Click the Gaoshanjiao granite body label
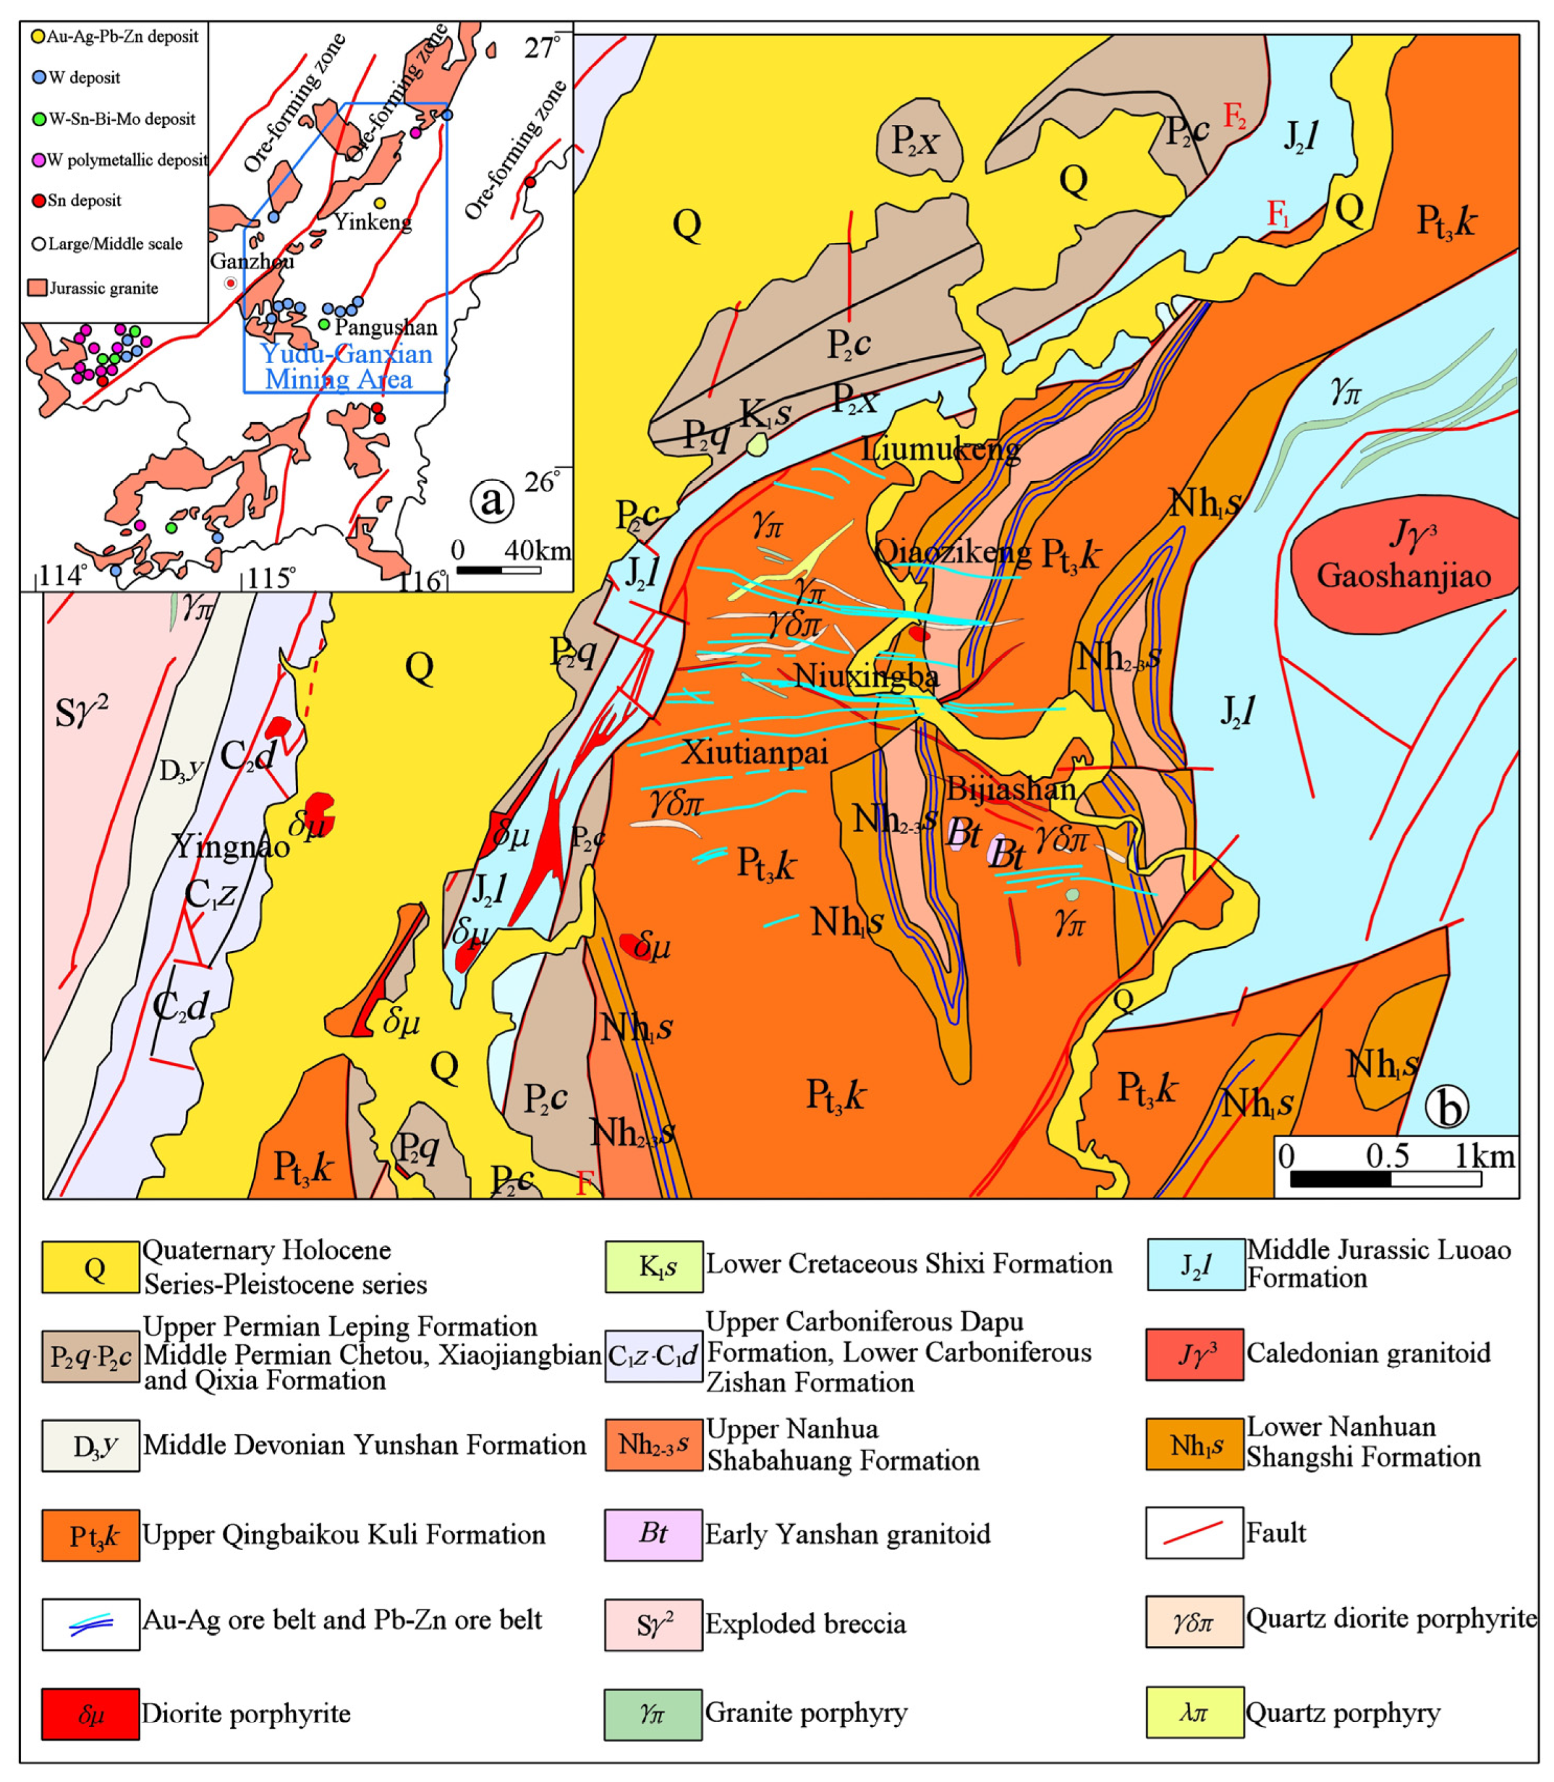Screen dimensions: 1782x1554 coord(1403,576)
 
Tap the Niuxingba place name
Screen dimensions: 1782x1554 coord(867,675)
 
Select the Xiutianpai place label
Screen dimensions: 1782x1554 coord(754,751)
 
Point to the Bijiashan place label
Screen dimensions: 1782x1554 coord(1010,788)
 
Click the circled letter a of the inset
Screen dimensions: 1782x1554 coord(491,501)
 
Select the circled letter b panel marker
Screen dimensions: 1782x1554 coord(1446,1109)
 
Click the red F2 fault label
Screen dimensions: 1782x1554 coord(1235,116)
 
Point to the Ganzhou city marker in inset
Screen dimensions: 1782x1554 coord(230,283)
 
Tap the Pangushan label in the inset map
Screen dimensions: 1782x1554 coord(385,327)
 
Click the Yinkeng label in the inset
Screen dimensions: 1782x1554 coord(373,222)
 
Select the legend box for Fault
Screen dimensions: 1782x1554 coord(1194,1533)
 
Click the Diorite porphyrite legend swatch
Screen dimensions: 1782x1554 coord(90,1713)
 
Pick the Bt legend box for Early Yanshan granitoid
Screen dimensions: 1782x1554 coord(653,1533)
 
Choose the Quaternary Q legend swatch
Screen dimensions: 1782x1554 coord(90,1268)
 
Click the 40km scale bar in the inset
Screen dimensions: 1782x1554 coord(499,570)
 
